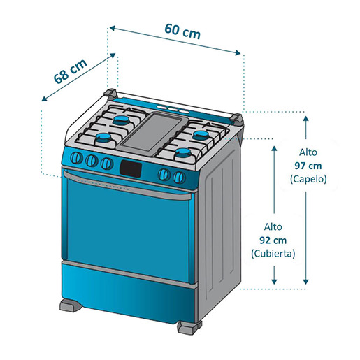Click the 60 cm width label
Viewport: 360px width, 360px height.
pyautogui.click(x=182, y=31)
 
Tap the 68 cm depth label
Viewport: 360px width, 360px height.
pyautogui.click(x=70, y=71)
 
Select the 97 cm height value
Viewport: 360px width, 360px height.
pyautogui.click(x=308, y=166)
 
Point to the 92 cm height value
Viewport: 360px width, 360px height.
pyautogui.click(x=273, y=240)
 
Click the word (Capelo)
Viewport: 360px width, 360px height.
pyautogui.click(x=308, y=179)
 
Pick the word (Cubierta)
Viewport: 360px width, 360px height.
pyautogui.click(x=273, y=253)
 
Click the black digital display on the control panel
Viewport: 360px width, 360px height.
pyautogui.click(x=131, y=168)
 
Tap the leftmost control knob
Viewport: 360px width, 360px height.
pyautogui.click(x=76, y=158)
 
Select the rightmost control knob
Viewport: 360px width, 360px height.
pyautogui.click(x=179, y=177)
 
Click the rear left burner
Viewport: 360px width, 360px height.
pyautogui.click(x=122, y=120)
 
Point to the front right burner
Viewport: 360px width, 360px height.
pyautogui.click(x=183, y=153)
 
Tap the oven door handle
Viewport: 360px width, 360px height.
pyautogui.click(x=128, y=186)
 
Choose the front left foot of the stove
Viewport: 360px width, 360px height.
pyautogui.click(x=71, y=305)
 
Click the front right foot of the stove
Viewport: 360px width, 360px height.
pyautogui.click(x=189, y=327)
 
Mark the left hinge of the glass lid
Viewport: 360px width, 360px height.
pyautogui.click(x=110, y=94)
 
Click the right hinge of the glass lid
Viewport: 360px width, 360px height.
pyautogui.click(x=237, y=119)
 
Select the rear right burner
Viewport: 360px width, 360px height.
pyautogui.click(x=201, y=135)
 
